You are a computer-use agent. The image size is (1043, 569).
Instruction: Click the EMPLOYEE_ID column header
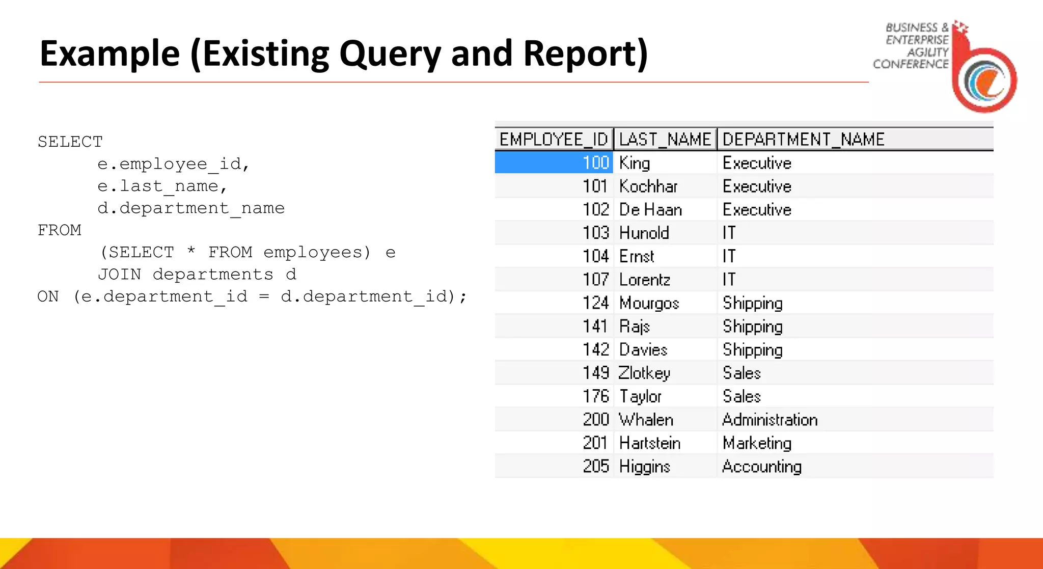(554, 139)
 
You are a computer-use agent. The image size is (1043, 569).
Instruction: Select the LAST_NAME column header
(665, 139)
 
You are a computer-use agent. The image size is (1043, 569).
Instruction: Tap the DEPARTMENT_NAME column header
(803, 139)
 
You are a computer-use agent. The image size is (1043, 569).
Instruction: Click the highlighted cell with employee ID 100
(554, 162)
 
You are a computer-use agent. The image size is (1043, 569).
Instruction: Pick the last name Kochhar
(648, 186)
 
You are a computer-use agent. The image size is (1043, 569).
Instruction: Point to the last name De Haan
(650, 210)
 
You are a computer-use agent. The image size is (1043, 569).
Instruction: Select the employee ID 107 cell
(595, 280)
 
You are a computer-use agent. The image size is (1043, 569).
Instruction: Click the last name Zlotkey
(644, 373)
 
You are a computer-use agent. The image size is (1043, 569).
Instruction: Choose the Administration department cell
(770, 420)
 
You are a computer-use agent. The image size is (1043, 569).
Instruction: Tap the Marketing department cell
(757, 443)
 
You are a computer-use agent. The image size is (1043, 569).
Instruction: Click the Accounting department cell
(761, 467)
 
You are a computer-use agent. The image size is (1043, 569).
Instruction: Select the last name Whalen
(646, 420)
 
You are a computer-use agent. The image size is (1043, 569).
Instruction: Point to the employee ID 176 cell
(595, 396)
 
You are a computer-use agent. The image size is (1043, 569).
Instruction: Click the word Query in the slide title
(390, 54)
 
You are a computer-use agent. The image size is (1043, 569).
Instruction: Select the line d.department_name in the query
(191, 208)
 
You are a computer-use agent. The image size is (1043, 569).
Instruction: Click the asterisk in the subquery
(191, 251)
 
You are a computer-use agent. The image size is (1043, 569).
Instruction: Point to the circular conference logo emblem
(985, 80)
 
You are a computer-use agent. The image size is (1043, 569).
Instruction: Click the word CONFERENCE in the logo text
(911, 64)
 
